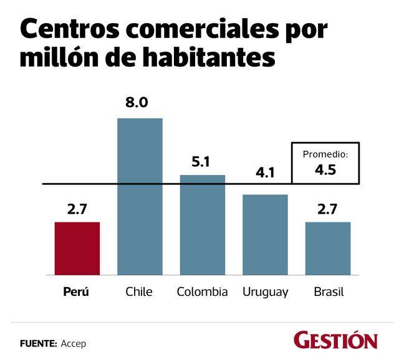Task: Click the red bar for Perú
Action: [x=77, y=249]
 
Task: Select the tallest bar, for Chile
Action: [x=140, y=196]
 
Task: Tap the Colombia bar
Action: [x=203, y=225]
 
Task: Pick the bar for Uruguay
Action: [x=265, y=235]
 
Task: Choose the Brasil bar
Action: [x=328, y=249]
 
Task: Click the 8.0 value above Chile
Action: [x=137, y=103]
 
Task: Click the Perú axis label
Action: [x=77, y=292]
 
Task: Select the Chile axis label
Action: [x=138, y=292]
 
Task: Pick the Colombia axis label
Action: [x=202, y=292]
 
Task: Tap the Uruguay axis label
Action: [x=266, y=292]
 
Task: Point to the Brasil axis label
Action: [x=328, y=292]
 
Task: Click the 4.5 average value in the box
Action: [x=325, y=169]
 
